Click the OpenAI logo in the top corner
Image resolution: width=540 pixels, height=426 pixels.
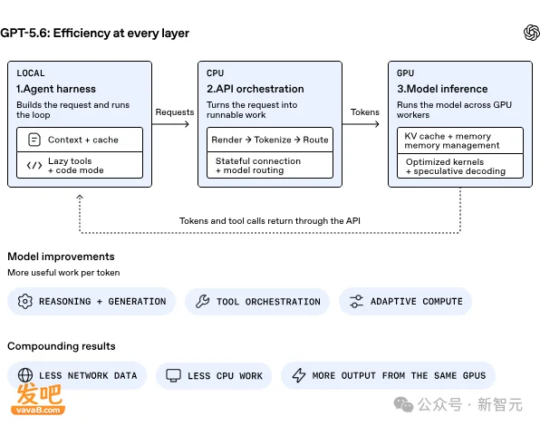click(531, 33)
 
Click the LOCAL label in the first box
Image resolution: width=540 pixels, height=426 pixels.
click(31, 73)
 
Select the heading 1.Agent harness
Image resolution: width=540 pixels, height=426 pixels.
click(56, 89)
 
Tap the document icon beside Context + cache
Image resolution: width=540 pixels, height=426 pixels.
click(34, 140)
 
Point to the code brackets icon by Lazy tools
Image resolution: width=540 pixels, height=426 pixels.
click(34, 166)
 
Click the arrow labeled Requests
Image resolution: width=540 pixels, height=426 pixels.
click(170, 124)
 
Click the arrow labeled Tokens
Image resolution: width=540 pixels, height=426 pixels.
click(361, 124)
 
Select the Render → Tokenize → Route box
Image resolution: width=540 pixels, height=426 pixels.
click(270, 140)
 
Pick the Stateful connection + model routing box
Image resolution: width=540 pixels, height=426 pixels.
click(270, 165)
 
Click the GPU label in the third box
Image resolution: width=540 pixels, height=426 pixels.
click(405, 73)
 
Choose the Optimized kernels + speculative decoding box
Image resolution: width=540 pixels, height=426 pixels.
click(459, 166)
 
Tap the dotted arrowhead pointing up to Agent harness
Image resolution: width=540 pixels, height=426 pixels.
click(80, 197)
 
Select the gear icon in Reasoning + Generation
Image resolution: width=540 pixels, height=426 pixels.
click(24, 301)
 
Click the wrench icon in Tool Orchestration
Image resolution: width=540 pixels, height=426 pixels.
click(203, 301)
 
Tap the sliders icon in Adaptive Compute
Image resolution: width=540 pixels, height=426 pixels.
click(356, 301)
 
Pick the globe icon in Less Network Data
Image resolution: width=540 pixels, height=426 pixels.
click(25, 375)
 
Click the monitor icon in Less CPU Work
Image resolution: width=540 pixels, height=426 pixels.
click(173, 375)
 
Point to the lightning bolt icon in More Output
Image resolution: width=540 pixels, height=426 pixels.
click(299, 375)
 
